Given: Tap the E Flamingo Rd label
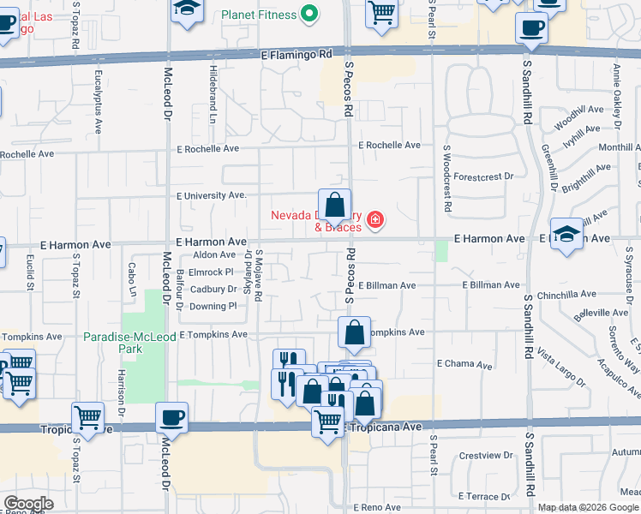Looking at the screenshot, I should [297, 54].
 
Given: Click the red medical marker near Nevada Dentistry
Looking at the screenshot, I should [374, 222].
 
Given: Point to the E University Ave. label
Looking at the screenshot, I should [212, 195].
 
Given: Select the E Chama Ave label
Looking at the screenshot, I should [464, 364].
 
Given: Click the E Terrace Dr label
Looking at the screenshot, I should [484, 496].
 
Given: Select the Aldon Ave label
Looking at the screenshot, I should [214, 254].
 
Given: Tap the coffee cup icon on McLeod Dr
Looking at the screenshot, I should [172, 417].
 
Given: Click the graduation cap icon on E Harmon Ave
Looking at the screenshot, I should [566, 234].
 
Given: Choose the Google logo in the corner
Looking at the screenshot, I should [28, 504].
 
